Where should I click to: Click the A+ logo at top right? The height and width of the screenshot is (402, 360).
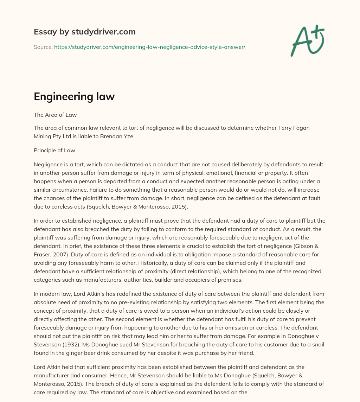pyautogui.click(x=307, y=41)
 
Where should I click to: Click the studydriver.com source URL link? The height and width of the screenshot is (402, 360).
pyautogui.click(x=149, y=47)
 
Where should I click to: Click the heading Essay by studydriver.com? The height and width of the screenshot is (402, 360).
pyautogui.click(x=84, y=32)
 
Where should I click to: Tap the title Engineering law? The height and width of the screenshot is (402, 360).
pyautogui.click(x=74, y=97)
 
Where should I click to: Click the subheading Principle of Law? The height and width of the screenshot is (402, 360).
pyautogui.click(x=54, y=150)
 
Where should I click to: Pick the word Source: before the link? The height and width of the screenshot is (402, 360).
pyautogui.click(x=43, y=47)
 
